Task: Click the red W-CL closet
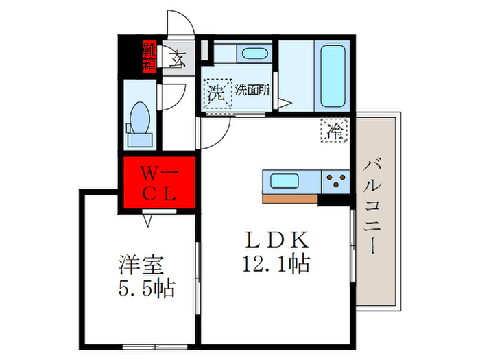tap(160, 182)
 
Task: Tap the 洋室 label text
tap(139, 264)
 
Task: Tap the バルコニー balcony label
tap(374, 206)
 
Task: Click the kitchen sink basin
tap(283, 182)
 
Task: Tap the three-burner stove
tap(336, 182)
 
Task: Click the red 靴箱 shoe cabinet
tap(149, 56)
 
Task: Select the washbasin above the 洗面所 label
tap(254, 54)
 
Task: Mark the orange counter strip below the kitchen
tap(290, 200)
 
